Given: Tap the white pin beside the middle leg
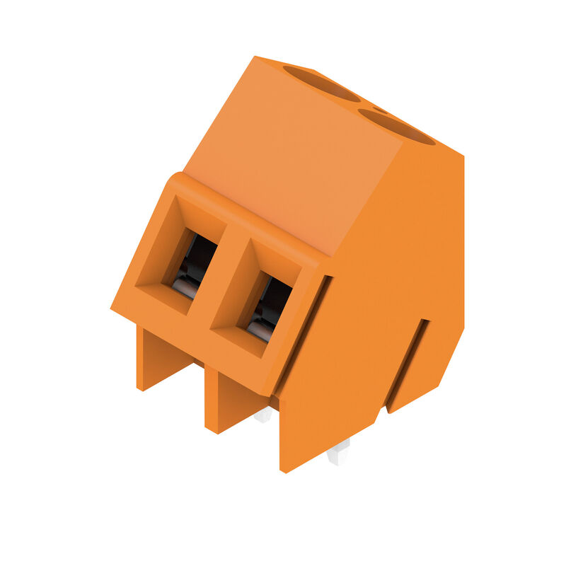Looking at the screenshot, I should coord(263,415).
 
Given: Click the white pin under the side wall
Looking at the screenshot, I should coord(339,451).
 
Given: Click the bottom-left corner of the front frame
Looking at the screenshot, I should coord(113,308).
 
